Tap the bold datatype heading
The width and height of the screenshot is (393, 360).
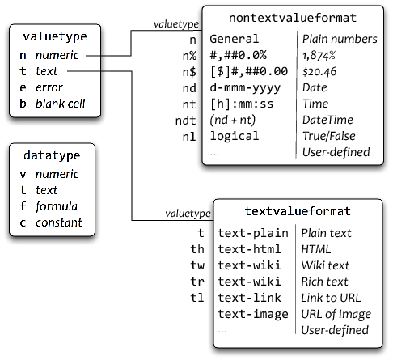53,155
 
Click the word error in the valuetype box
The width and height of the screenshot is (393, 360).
50,88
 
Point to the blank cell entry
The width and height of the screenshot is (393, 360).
61,104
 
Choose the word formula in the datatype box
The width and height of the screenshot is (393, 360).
57,206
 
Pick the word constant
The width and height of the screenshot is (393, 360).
58,222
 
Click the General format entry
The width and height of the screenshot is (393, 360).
235,39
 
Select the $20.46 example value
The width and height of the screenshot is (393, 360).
319,71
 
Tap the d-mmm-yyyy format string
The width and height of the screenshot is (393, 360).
244,87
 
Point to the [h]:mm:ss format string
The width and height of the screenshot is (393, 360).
241,104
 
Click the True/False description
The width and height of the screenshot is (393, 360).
328,136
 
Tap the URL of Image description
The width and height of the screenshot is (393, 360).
336,314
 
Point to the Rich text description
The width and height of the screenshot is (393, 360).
324,282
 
